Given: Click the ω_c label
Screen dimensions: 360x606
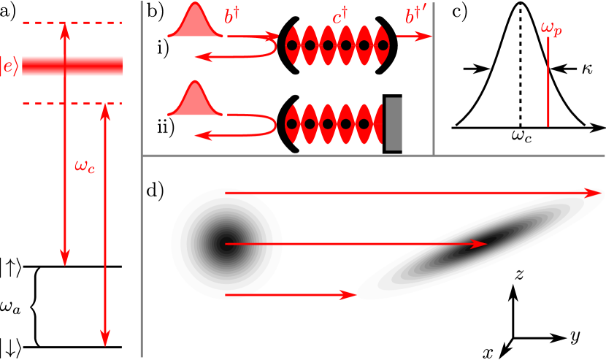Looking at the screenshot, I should point(85,166).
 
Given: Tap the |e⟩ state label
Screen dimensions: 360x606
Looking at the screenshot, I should point(9,66).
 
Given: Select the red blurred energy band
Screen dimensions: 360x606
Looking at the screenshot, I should point(72,66).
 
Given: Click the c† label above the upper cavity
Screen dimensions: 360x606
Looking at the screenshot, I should point(340,17).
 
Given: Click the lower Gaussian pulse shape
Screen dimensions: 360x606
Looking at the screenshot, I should point(195,103).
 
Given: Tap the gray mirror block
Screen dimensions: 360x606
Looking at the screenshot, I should point(394,123).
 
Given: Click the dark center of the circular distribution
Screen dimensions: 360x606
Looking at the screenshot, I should point(224,243).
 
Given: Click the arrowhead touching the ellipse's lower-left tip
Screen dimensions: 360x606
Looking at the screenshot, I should point(349,295).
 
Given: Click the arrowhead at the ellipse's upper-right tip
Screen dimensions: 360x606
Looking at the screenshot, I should point(597,193).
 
